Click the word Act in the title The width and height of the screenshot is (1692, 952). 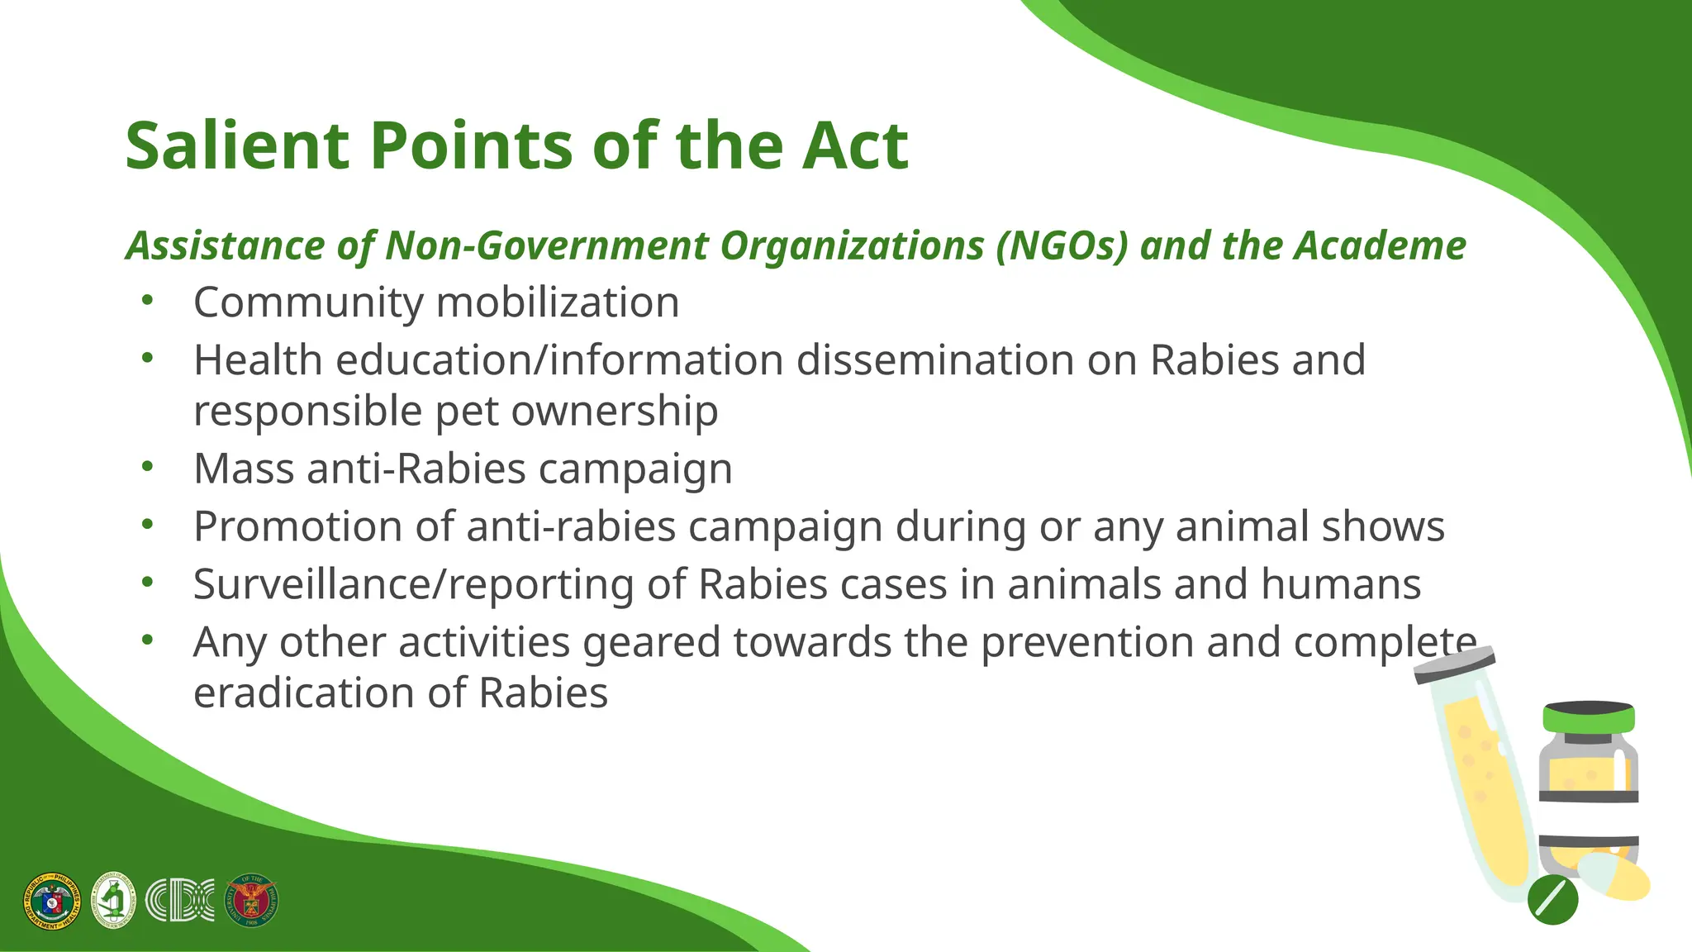855,146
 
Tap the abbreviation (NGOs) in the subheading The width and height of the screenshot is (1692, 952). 1062,245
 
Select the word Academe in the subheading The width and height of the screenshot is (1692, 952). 1380,245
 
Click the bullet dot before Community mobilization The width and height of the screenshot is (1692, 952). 147,301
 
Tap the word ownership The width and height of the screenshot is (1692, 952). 615,411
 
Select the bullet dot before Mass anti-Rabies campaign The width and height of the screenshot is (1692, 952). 147,467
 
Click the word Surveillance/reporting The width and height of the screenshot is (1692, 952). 413,585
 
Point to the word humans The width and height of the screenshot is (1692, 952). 1341,584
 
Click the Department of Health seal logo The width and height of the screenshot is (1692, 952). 52,901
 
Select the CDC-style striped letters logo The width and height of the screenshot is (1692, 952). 179,901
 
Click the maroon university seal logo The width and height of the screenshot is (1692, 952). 252,901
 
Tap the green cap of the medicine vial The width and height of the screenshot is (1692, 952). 1589,718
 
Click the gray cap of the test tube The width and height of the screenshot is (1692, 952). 1455,664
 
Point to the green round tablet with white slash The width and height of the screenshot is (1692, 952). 1552,899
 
